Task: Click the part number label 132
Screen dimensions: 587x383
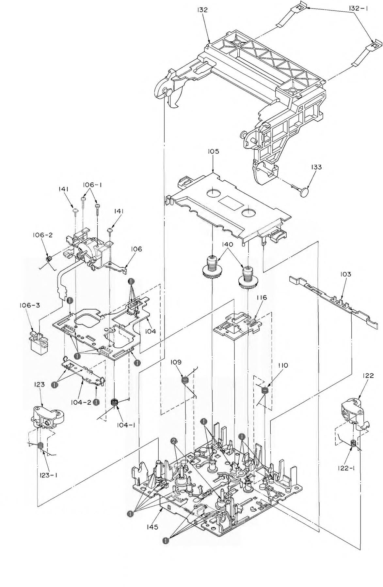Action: [x=202, y=10]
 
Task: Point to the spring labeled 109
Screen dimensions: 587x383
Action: [x=185, y=380]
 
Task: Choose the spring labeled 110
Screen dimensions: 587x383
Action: [x=265, y=390]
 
